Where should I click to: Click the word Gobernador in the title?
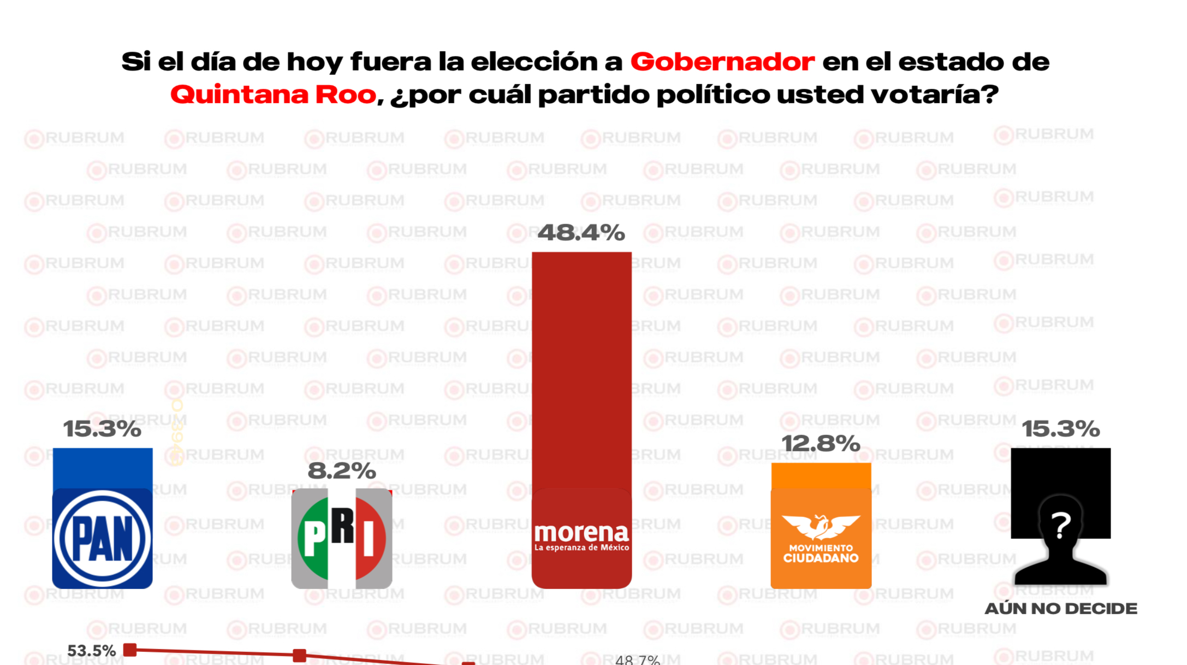[722, 61]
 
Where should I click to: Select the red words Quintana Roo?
[273, 95]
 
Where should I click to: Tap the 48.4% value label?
[581, 233]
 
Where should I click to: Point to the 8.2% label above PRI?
[342, 470]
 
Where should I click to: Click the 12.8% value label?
[821, 444]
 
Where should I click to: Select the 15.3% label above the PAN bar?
[102, 429]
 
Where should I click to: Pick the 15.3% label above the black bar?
[1060, 429]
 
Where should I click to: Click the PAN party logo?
[102, 538]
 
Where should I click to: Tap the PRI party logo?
[342, 538]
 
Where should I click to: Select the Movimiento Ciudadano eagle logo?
[821, 526]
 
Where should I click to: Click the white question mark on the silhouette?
[1060, 525]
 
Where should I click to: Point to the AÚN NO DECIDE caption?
[1060, 608]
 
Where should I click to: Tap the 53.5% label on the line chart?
[91, 651]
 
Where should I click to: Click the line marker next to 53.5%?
[130, 650]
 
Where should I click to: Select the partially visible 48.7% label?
[637, 660]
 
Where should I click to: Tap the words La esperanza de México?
[581, 548]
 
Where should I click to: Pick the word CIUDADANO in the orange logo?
[821, 558]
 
